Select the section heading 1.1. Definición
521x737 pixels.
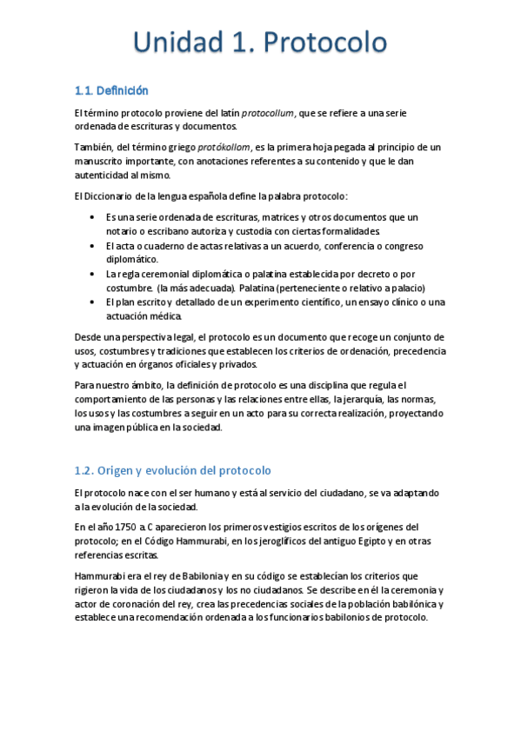point(111,90)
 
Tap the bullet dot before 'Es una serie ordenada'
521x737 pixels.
point(92,216)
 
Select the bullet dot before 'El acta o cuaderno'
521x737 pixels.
point(92,246)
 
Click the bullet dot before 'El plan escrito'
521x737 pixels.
point(92,302)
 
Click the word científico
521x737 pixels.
point(314,302)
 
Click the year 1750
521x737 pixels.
point(125,527)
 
